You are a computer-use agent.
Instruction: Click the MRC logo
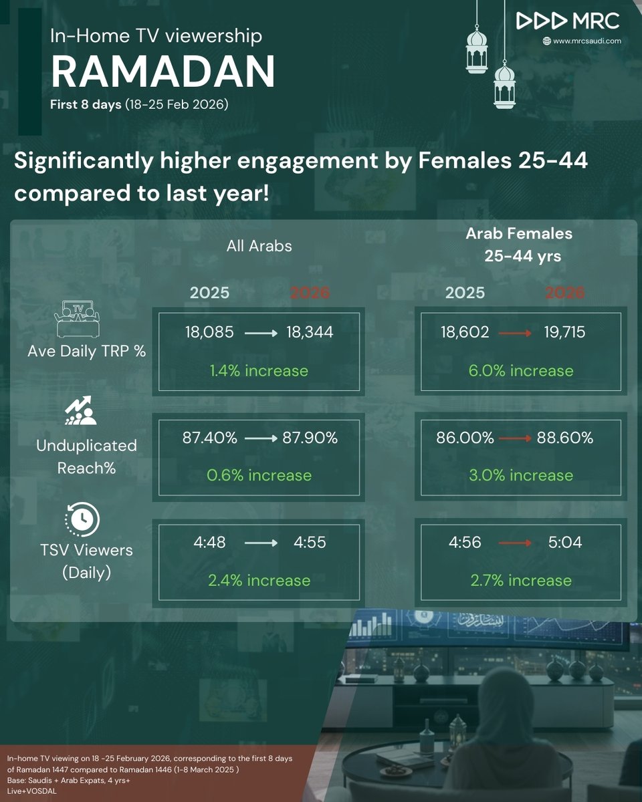coord(568,21)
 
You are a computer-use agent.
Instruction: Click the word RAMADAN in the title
coord(163,72)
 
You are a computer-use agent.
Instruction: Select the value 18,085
coord(209,332)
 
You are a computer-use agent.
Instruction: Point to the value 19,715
coord(564,332)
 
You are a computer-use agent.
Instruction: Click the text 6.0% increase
coord(521,371)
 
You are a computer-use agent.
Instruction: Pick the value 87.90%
coord(310,438)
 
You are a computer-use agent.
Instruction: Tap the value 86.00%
coord(465,438)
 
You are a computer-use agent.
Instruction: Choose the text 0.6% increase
coord(259,476)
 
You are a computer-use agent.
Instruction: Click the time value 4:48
coord(209,542)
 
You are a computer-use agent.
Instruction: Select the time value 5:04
coord(565,542)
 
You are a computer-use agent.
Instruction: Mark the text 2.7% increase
coord(521,581)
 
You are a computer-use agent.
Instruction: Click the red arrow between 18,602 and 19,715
coord(515,333)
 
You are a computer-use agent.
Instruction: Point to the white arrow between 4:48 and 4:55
coord(261,543)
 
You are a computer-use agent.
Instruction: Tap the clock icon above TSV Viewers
coord(82,519)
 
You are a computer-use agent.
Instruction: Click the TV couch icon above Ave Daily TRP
coord(77,319)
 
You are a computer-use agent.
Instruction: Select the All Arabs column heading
coord(259,246)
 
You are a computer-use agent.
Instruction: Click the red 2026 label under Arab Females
coord(564,293)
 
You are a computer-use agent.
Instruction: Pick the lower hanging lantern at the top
coord(504,86)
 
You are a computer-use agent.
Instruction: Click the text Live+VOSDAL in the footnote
coord(31,791)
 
